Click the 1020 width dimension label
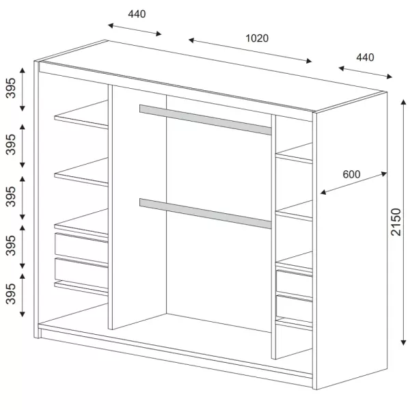257,38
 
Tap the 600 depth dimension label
351,174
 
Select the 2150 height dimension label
396,222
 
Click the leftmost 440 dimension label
137,14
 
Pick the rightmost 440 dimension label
365,57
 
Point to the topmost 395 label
11,88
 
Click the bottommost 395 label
11,294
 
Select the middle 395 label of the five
11,197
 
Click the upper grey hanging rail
205,120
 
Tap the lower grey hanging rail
205,214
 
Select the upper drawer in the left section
81,249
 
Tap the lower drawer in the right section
294,309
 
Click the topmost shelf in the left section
81,115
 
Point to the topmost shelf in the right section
295,153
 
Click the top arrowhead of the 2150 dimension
403,102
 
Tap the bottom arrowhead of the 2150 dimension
403,343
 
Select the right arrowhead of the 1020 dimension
309,61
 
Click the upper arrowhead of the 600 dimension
384,174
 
